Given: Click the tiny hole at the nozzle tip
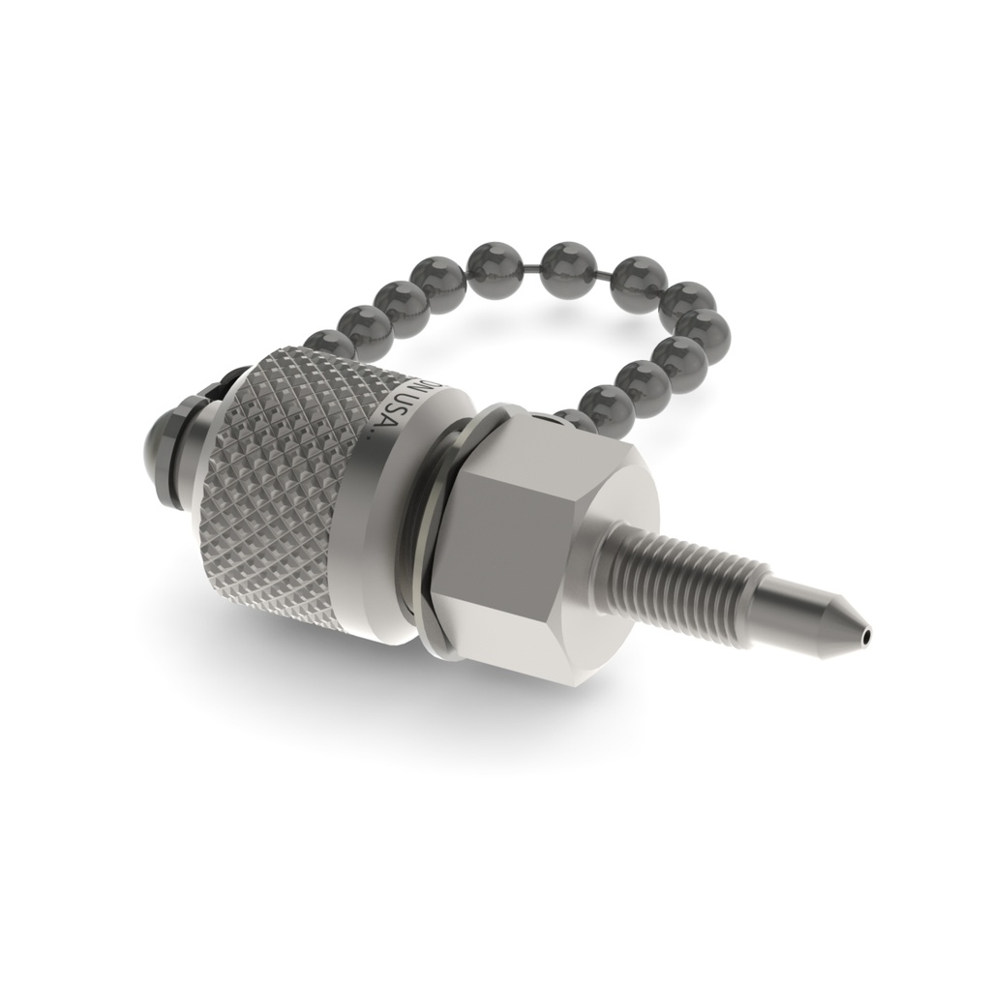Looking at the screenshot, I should click(x=867, y=638).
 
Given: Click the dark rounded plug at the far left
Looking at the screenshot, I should click(x=161, y=455).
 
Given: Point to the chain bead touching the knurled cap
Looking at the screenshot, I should click(x=329, y=345).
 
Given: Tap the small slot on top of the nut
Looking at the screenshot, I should click(x=552, y=421).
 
